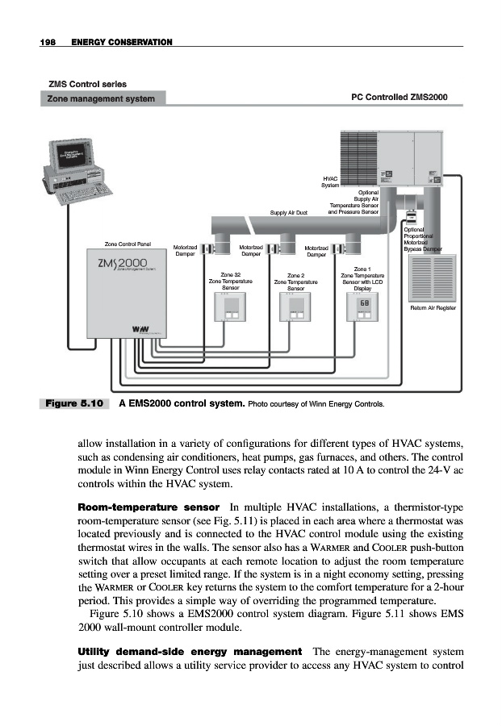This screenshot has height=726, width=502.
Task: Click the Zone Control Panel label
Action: (x=128, y=244)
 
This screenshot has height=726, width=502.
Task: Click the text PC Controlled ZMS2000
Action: (x=399, y=98)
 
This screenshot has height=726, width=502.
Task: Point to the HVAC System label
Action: (x=330, y=181)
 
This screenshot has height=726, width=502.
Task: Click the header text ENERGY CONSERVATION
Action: (x=122, y=41)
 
